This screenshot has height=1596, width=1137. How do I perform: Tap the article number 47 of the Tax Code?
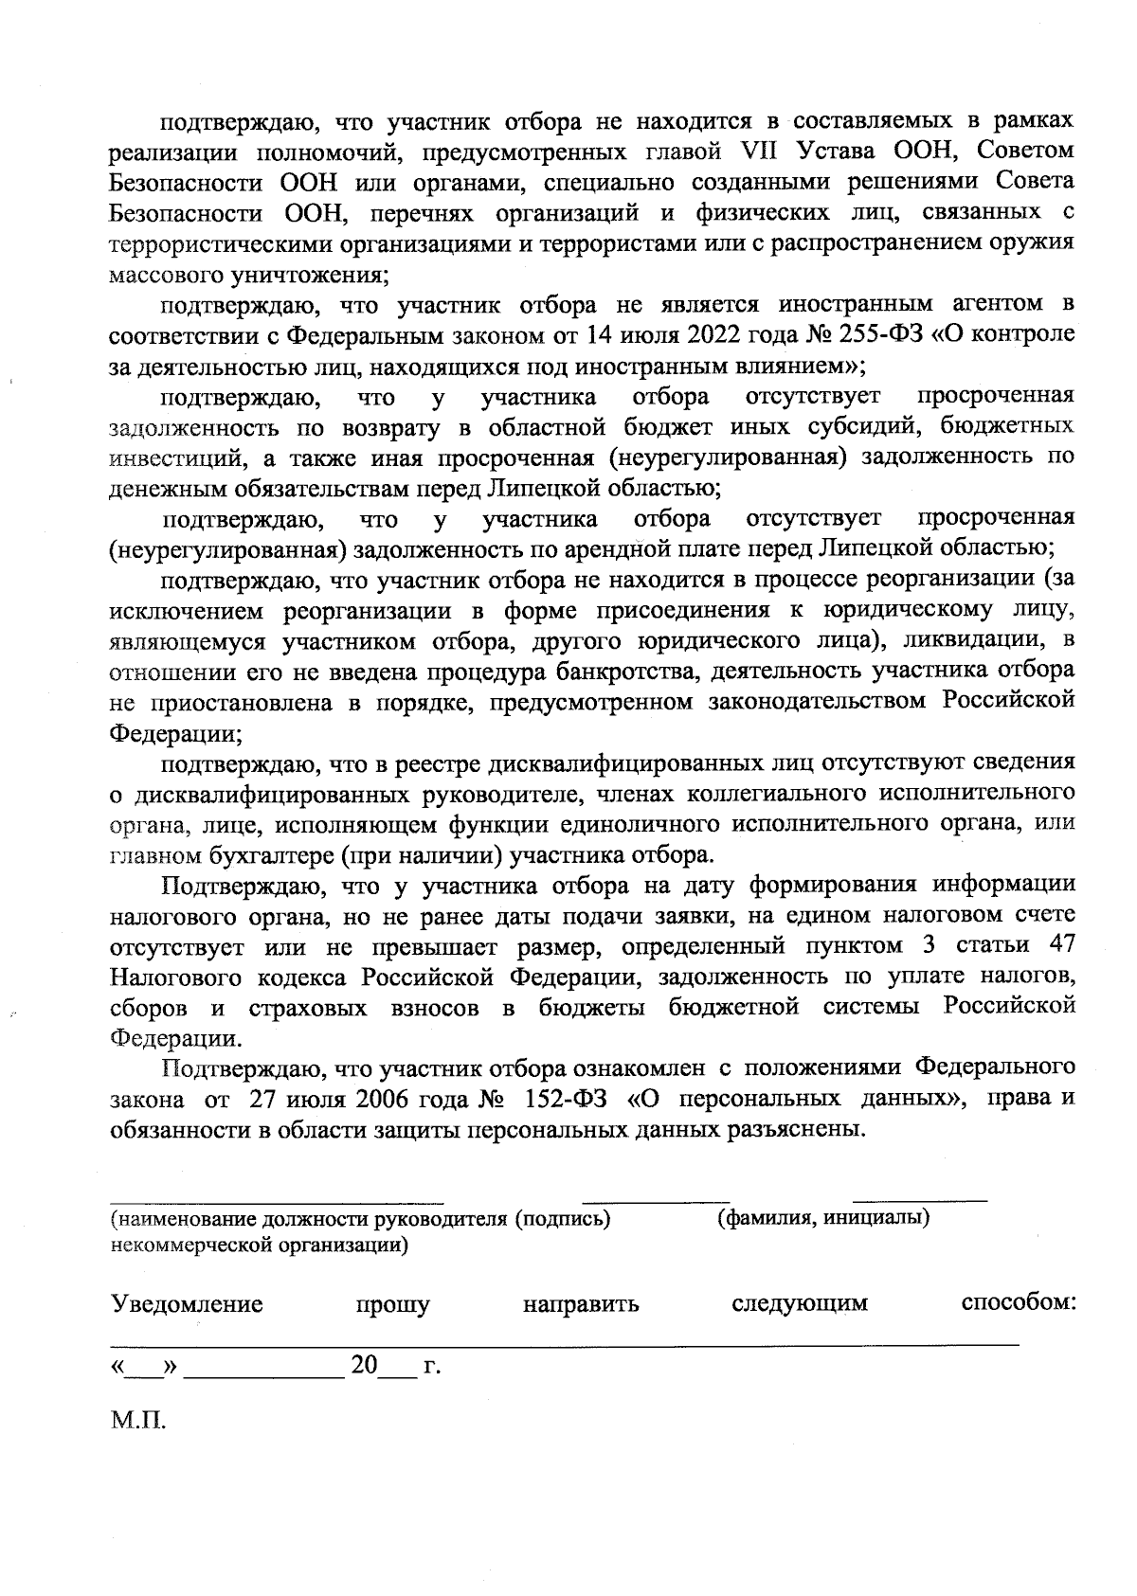[1058, 946]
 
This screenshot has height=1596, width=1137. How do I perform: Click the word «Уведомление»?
[187, 1304]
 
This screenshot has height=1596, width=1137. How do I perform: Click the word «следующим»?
[800, 1304]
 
